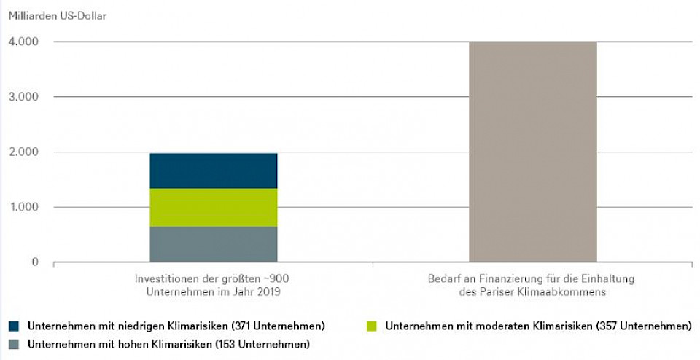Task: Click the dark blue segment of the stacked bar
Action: tap(213, 171)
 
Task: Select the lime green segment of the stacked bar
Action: tap(213, 208)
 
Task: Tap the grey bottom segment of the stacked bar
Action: tap(213, 244)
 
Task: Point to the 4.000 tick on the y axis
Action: tap(24, 42)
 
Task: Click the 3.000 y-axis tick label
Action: tap(24, 97)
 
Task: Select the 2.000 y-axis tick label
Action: tap(24, 152)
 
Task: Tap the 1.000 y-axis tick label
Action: tap(24, 207)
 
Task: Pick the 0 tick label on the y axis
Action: tap(34, 262)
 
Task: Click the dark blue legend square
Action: tap(15, 325)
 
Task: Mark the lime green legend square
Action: tap(373, 325)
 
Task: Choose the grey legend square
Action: tap(15, 343)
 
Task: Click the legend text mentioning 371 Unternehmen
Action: tap(176, 325)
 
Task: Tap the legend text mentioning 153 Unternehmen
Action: tap(168, 343)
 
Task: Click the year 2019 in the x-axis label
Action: tap(267, 291)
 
